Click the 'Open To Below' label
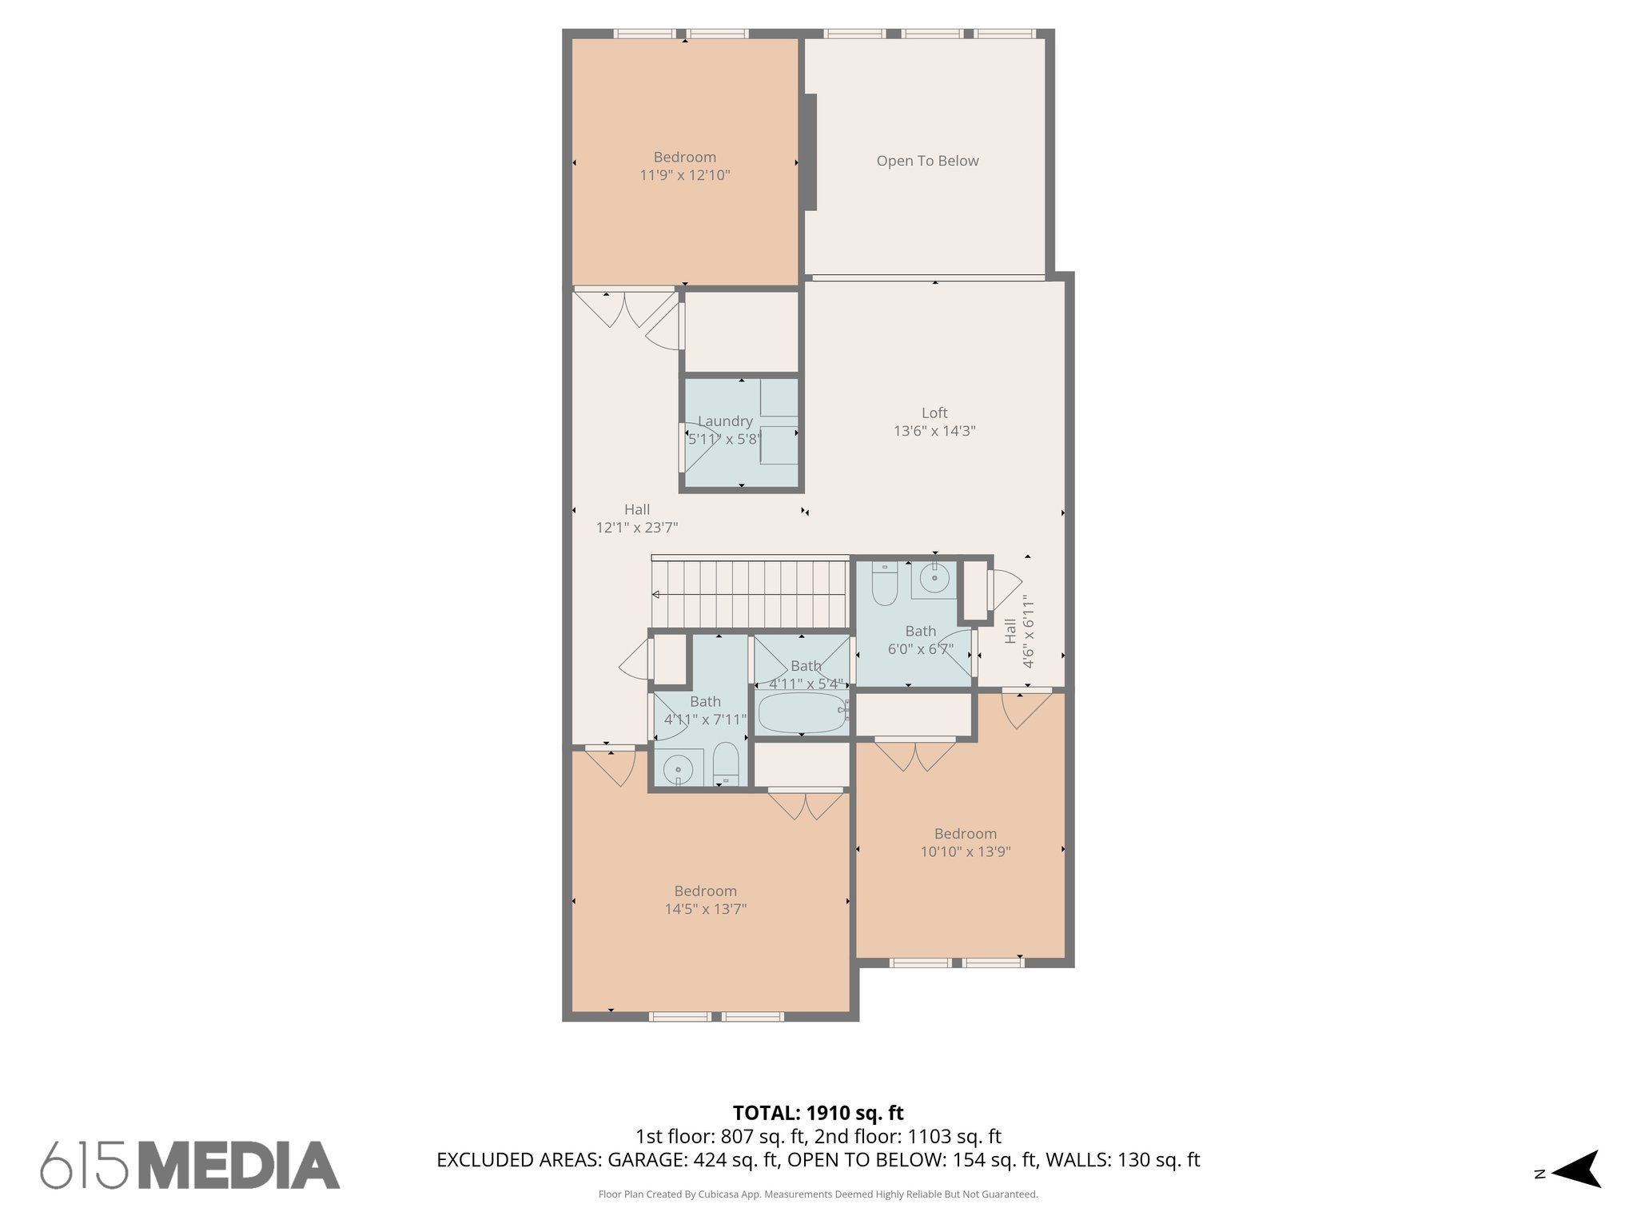pyautogui.click(x=927, y=161)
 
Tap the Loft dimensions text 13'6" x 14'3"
pyautogui.click(x=934, y=431)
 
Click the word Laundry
pyautogui.click(x=725, y=421)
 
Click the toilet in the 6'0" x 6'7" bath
pyautogui.click(x=884, y=585)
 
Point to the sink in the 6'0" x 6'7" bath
pyautogui.click(x=934, y=578)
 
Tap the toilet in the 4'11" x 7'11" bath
pyautogui.click(x=726, y=764)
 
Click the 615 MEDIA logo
pyautogui.click(x=190, y=1165)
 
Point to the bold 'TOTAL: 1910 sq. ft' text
pyautogui.click(x=818, y=1112)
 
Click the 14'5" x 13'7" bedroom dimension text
pyautogui.click(x=705, y=909)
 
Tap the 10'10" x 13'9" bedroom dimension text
pyautogui.click(x=965, y=852)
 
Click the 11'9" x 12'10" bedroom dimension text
pyautogui.click(x=685, y=175)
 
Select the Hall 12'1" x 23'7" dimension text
pyautogui.click(x=637, y=528)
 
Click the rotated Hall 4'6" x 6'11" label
pyautogui.click(x=1019, y=632)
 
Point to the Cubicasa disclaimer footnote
pyautogui.click(x=818, y=1194)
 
